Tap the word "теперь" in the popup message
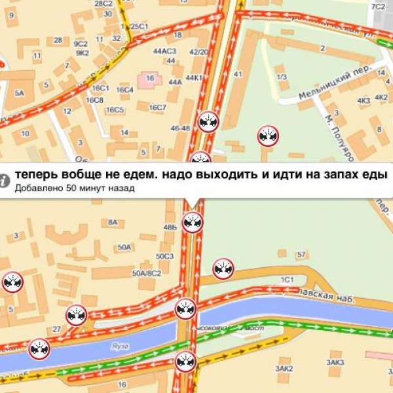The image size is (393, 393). tap(35, 176)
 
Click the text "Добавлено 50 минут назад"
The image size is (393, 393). tap(75, 189)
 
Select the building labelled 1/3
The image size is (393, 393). tap(282, 77)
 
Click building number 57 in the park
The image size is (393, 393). tap(301, 254)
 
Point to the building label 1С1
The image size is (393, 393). tap(287, 280)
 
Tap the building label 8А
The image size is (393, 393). tap(112, 223)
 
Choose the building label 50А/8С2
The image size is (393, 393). tap(146, 272)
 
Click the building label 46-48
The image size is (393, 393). tap(180, 128)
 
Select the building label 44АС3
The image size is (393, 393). tap(164, 51)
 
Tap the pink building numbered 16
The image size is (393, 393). tap(150, 78)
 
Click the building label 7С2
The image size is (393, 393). tap(378, 7)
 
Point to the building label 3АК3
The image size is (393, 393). tap(336, 362)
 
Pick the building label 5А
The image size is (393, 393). tap(19, 93)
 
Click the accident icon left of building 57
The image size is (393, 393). tap(223, 269)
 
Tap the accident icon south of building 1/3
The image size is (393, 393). tap(268, 136)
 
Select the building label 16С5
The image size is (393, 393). tap(115, 109)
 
